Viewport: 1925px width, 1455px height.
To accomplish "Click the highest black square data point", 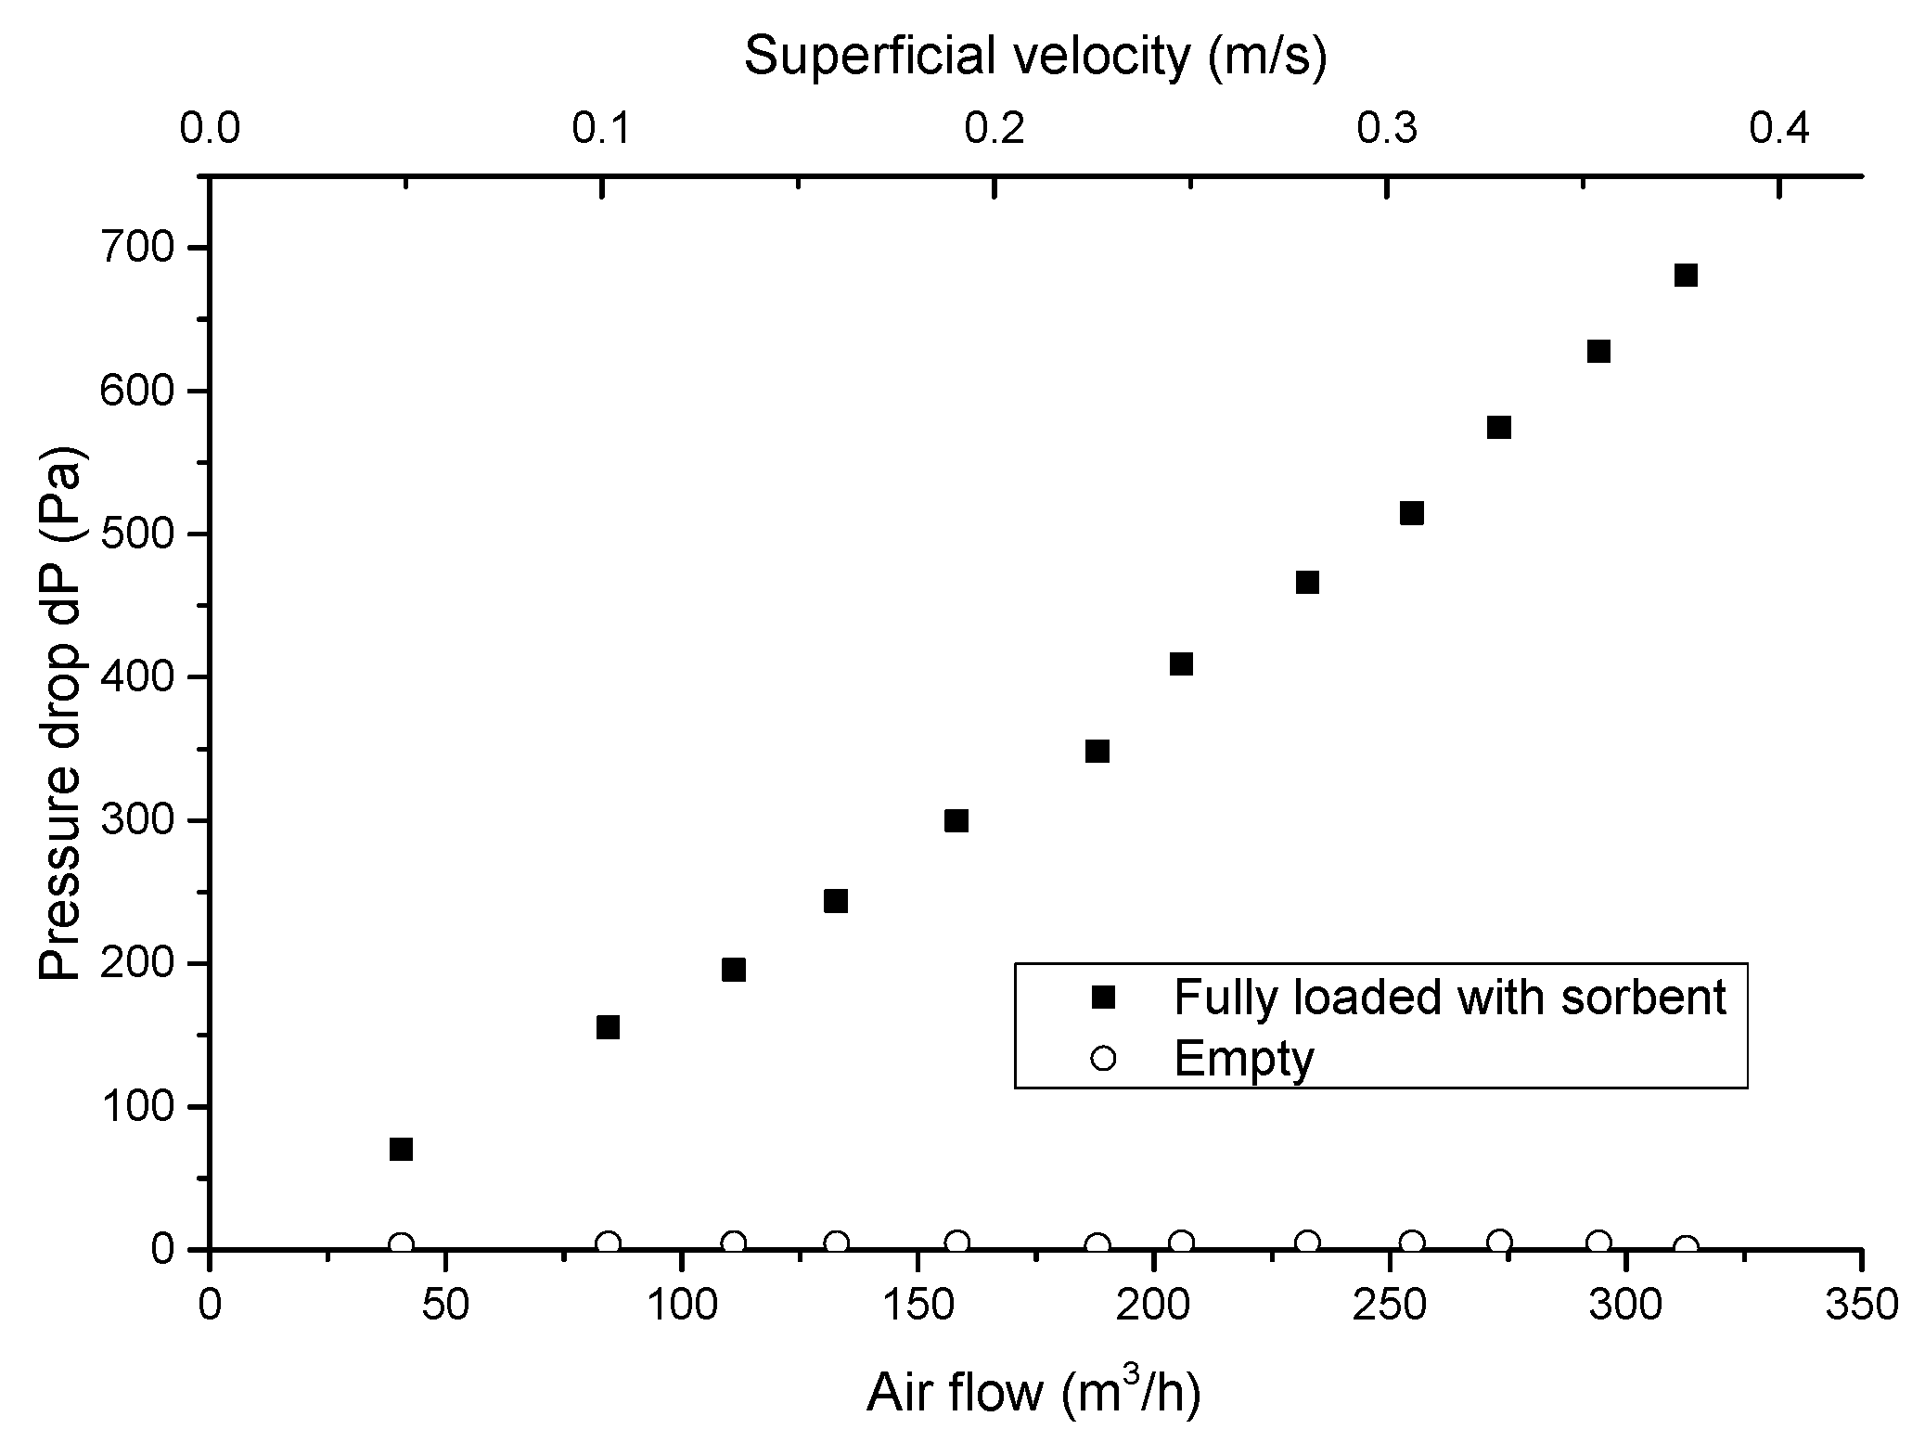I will tap(1686, 276).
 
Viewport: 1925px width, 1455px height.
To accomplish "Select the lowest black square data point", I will tap(401, 1150).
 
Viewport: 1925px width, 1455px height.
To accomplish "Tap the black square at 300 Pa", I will tap(956, 821).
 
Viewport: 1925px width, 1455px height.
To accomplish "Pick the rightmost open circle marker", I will tap(1687, 1247).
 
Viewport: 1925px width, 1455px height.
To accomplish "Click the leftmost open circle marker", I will tap(401, 1244).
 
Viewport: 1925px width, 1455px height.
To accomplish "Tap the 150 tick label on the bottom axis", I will tap(917, 1306).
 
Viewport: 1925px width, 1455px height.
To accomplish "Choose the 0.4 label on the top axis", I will tap(1779, 129).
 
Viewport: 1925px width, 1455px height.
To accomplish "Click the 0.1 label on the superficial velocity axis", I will tap(602, 129).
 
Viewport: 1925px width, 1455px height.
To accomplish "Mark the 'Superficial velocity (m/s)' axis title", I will tap(1035, 57).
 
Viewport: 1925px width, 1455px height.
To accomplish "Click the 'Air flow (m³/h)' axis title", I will tap(1033, 1394).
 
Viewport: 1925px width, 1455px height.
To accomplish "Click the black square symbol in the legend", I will tap(1102, 998).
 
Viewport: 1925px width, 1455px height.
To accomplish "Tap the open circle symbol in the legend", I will tap(1102, 1057).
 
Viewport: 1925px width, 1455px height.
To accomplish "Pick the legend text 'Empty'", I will tap(1244, 1059).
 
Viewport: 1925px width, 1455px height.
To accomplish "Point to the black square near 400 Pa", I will tap(1181, 664).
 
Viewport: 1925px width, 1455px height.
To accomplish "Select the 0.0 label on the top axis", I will tap(210, 129).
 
